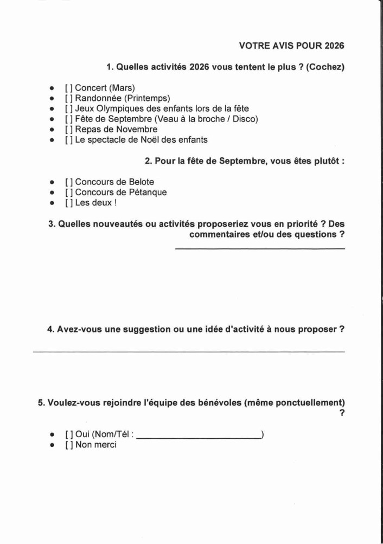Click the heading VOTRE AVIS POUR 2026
tap(291, 46)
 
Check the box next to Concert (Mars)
tap(68, 88)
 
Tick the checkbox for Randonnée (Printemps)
tap(68, 98)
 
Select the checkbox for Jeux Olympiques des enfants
tap(68, 108)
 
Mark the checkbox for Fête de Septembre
tap(68, 119)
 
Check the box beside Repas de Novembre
tap(68, 129)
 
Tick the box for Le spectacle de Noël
tap(68, 139)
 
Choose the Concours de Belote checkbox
tap(68, 182)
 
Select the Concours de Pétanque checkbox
tap(68, 193)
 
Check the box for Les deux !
tap(68, 203)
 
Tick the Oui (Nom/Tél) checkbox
tap(68, 434)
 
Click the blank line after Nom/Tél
tap(198, 437)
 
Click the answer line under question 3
tap(259, 249)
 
